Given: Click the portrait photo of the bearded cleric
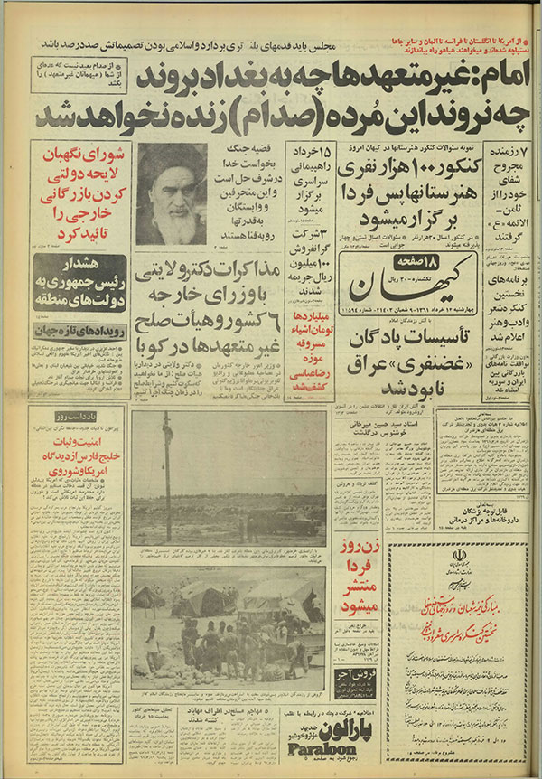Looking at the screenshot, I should point(172,194).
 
